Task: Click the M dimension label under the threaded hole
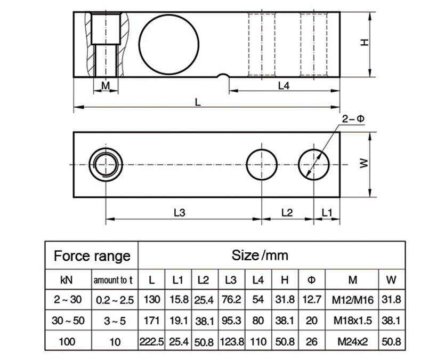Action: click(106, 85)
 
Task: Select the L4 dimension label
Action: click(284, 85)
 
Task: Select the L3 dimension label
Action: click(180, 212)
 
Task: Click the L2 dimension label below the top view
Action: click(287, 212)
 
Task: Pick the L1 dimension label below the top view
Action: click(327, 212)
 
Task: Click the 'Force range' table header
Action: click(92, 255)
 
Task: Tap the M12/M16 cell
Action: click(352, 300)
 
